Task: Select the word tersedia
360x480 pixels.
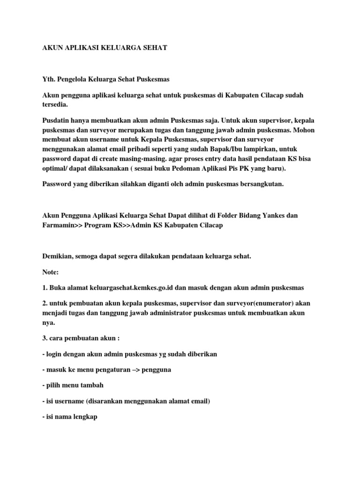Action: [57, 105]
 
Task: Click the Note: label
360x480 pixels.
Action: [51, 272]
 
